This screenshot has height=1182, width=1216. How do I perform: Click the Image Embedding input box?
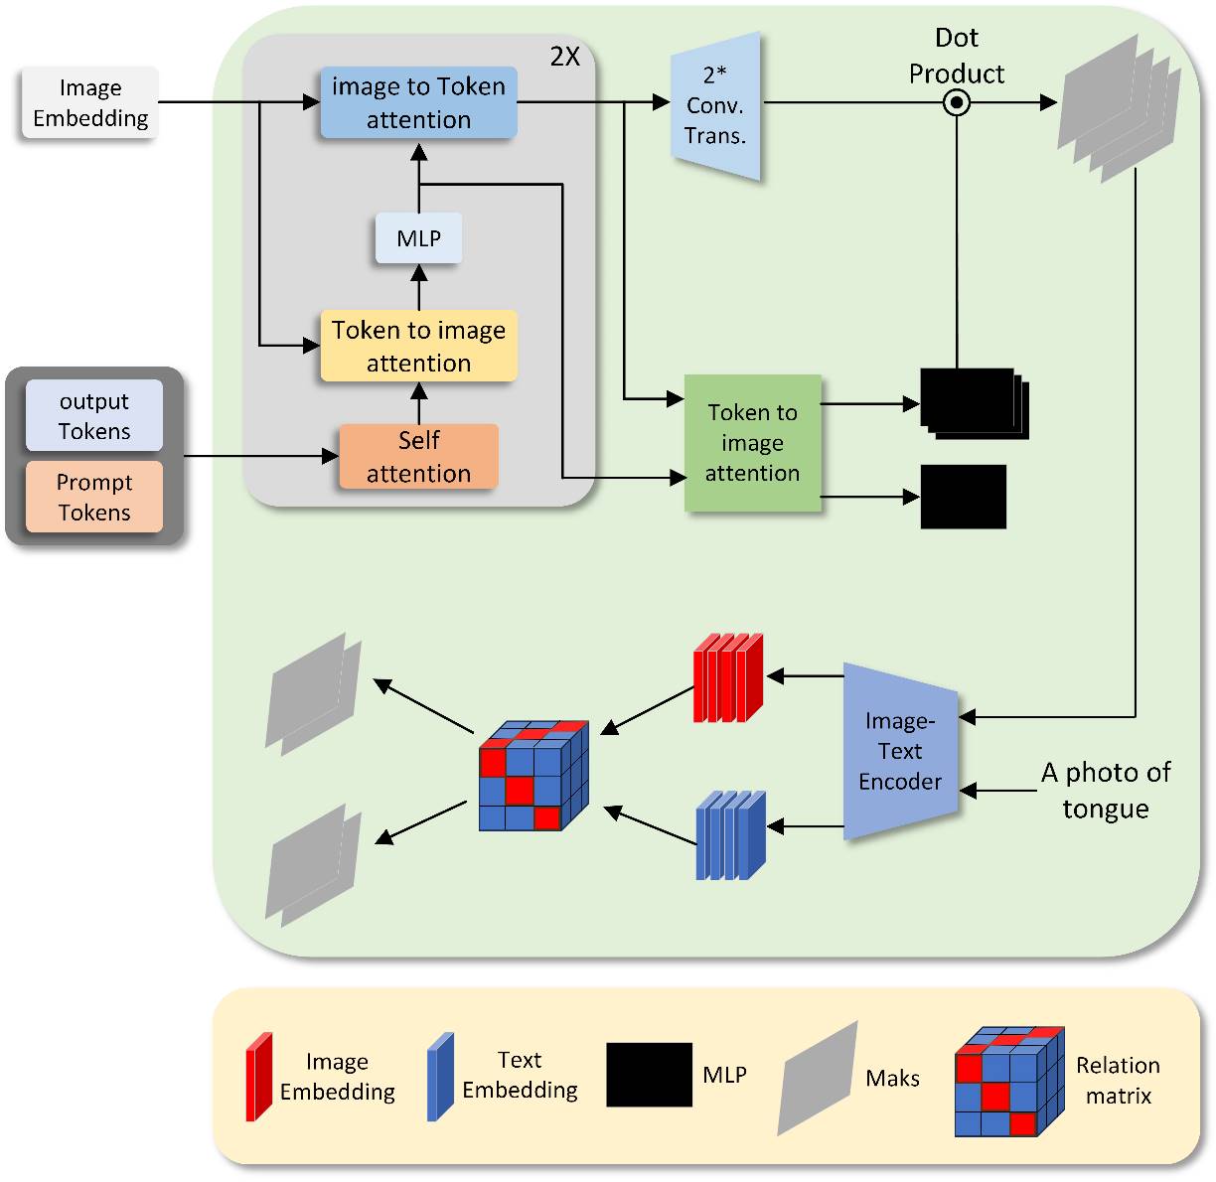[89, 103]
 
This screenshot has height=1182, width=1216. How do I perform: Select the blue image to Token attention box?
[418, 103]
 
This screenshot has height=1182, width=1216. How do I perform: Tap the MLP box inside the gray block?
[418, 239]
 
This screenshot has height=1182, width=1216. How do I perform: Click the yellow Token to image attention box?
[418, 346]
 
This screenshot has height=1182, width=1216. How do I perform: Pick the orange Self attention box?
[418, 457]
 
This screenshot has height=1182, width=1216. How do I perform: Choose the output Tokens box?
[94, 416]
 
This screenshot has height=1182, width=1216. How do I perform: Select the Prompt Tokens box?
[94, 497]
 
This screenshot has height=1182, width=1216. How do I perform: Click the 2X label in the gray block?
[564, 58]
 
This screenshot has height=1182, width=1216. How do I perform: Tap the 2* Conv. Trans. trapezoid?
[715, 105]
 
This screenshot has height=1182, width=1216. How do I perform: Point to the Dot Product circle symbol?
[956, 102]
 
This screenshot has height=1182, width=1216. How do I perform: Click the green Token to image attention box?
[752, 443]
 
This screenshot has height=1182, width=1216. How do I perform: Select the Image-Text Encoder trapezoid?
[899, 752]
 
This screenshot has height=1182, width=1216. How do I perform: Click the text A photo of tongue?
[1105, 791]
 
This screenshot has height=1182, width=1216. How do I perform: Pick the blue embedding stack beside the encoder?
[731, 834]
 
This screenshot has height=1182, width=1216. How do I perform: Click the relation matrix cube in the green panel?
[533, 777]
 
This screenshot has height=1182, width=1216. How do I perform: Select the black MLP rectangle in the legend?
[649, 1075]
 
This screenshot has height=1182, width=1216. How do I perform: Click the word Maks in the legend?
[892, 1079]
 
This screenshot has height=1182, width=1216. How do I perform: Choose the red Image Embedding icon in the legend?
[258, 1078]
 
